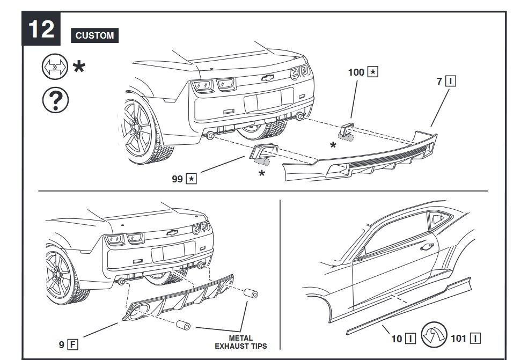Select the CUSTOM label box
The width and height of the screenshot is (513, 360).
click(x=94, y=36)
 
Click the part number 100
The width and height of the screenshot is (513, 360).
click(x=356, y=72)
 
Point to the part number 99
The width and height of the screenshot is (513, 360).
click(x=177, y=179)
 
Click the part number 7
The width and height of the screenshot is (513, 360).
click(x=439, y=82)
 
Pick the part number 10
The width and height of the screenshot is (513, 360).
click(x=397, y=339)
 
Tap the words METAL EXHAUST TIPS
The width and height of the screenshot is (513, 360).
click(x=240, y=342)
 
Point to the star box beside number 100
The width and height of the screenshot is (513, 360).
click(x=373, y=72)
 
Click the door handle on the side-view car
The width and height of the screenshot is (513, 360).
click(x=427, y=247)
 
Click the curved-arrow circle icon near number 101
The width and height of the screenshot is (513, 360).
click(x=434, y=334)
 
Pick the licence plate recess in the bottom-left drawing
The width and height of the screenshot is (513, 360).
click(x=173, y=252)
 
